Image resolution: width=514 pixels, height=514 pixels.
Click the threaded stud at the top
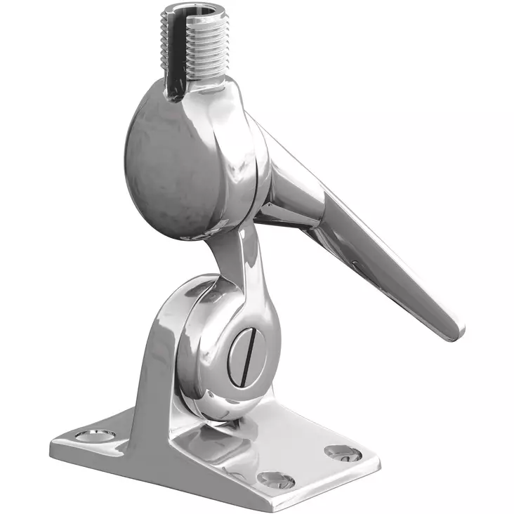[x=193, y=49]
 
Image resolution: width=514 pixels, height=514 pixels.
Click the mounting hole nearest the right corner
[x=343, y=454]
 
